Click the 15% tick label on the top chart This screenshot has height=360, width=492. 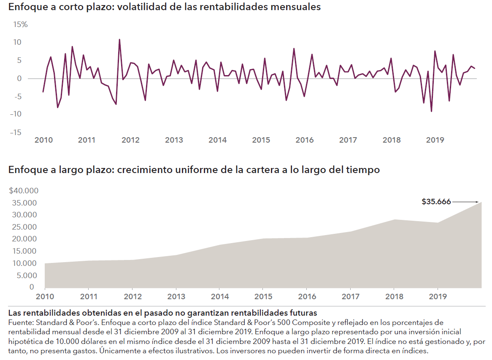click(20, 24)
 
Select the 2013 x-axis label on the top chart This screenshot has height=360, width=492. click(174, 140)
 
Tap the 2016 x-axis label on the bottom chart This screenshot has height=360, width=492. click(307, 297)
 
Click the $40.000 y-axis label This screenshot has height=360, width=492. click(24, 191)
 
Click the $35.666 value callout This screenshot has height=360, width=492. click(436, 202)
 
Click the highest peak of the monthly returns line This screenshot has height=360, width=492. click(119, 40)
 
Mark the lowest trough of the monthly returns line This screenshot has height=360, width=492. click(431, 111)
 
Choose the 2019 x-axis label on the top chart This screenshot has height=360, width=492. click(435, 140)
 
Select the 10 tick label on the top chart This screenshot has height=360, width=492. click(17, 42)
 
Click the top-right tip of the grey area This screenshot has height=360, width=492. click(481, 202)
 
